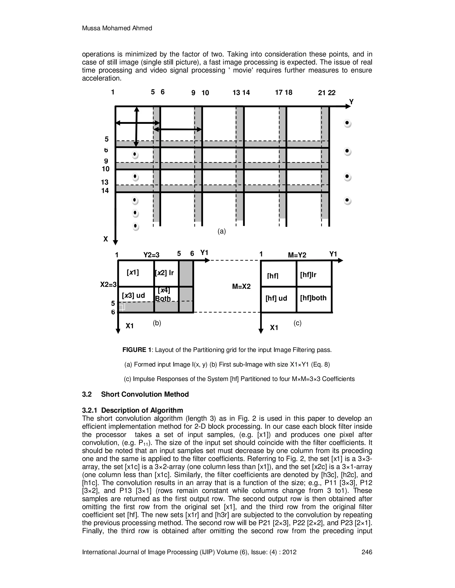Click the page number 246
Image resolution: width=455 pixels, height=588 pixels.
(367, 552)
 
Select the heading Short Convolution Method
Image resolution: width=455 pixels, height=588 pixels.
(145, 395)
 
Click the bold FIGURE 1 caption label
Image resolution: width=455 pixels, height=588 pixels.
(137, 350)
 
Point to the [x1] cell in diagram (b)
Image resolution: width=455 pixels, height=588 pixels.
(133, 273)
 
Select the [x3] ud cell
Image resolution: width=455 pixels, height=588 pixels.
(134, 296)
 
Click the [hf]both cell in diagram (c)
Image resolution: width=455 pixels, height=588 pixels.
(313, 298)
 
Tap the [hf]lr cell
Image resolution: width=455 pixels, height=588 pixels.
(308, 275)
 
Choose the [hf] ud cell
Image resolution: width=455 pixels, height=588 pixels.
(276, 298)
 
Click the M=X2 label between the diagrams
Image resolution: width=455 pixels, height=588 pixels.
(241, 286)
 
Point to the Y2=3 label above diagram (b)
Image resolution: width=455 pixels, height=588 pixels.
(151, 255)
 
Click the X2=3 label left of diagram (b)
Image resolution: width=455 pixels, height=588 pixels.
(108, 285)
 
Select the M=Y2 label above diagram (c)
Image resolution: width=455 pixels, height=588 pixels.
(297, 255)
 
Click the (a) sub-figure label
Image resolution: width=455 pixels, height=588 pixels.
(222, 231)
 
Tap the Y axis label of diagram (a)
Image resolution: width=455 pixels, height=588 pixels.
(351, 102)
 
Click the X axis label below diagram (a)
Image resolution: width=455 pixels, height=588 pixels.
(106, 239)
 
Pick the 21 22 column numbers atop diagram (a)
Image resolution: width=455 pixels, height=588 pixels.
(327, 93)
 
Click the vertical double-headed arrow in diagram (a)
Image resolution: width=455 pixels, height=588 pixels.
(136, 126)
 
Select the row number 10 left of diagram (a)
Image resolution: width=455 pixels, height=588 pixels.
(106, 169)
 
